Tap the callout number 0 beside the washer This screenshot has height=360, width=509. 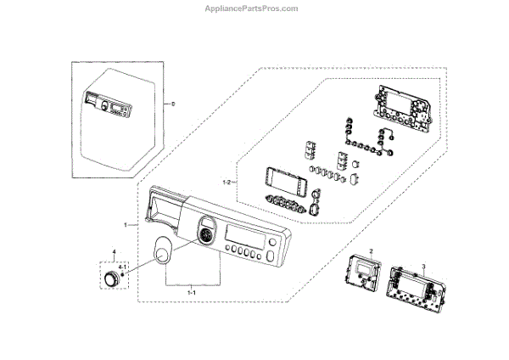coord(173,104)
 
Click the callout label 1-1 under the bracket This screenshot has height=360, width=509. coord(191,291)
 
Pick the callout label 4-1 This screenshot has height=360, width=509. coord(124,268)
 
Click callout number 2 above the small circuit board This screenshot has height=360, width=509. coord(371,252)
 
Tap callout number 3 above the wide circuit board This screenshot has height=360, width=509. coord(422,267)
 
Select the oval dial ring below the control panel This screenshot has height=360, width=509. coord(159,252)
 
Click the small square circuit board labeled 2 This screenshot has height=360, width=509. coord(364,276)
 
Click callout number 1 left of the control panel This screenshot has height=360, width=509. coord(125,224)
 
